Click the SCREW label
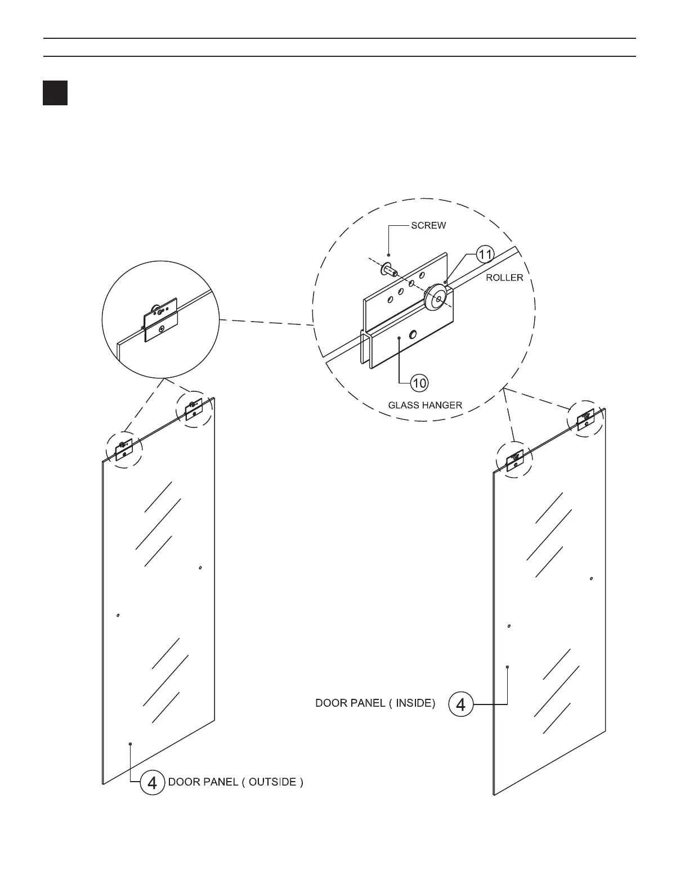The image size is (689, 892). click(x=428, y=226)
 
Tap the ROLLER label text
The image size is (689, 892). click(x=504, y=278)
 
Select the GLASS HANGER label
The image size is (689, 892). click(x=425, y=405)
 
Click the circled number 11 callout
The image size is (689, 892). click(x=485, y=255)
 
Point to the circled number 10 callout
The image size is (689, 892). click(x=419, y=383)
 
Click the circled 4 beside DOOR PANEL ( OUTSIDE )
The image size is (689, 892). click(x=152, y=783)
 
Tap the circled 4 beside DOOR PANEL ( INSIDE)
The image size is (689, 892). click(x=460, y=704)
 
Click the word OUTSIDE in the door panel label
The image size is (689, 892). click(x=272, y=782)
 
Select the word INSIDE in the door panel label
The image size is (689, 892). click(x=412, y=703)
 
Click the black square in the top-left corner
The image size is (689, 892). click(x=55, y=93)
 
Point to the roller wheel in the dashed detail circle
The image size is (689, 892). click(x=437, y=297)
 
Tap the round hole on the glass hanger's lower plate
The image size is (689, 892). click(x=414, y=334)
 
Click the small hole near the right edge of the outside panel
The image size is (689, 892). click(x=200, y=568)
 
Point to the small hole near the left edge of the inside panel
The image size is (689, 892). click(x=509, y=626)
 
